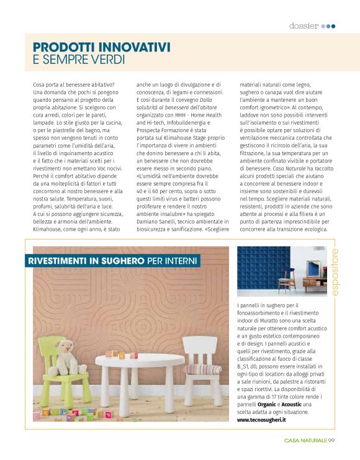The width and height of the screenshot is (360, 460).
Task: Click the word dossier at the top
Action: pos(304,25)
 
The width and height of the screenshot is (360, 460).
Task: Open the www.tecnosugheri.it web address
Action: pos(262,420)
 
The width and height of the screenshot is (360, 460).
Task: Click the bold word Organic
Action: pos(267,404)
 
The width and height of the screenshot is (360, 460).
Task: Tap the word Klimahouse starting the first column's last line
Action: pos(48,230)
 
